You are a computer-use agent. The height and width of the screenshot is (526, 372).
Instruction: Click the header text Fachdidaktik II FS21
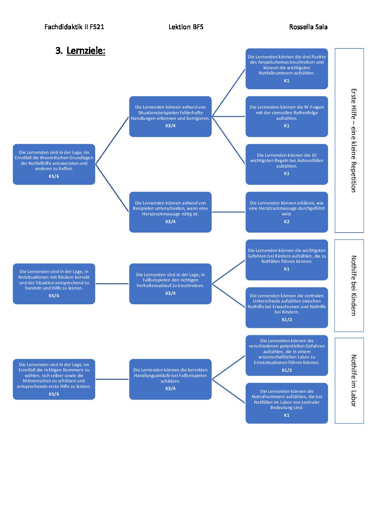[x=74, y=27]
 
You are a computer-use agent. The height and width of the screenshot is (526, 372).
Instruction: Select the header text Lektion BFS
[x=186, y=27]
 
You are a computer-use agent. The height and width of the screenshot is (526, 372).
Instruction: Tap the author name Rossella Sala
[x=308, y=27]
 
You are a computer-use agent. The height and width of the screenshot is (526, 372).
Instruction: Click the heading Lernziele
[x=86, y=51]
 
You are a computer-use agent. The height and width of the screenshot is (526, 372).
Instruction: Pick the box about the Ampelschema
[x=287, y=69]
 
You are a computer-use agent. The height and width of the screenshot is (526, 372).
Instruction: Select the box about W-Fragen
[x=287, y=116]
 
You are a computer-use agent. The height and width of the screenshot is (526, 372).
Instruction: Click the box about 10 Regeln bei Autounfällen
[x=287, y=164]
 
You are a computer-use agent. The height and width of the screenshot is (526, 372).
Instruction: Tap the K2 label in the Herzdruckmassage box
[x=287, y=221]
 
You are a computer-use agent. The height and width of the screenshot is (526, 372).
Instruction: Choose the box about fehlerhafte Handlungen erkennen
[x=170, y=116]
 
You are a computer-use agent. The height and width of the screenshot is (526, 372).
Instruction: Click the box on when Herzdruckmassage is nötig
[x=170, y=212]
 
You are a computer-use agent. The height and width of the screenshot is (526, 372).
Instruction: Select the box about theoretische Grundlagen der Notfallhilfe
[x=54, y=164]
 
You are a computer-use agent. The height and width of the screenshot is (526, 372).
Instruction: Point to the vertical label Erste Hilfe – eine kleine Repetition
[x=354, y=141]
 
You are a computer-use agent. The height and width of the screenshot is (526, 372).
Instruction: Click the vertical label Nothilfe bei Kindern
[x=354, y=286]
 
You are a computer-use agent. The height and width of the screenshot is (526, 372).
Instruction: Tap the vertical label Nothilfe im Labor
[x=354, y=381]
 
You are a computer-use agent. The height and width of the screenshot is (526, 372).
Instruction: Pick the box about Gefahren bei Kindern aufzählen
[x=287, y=260]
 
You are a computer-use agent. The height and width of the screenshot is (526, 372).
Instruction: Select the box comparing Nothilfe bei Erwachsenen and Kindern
[x=287, y=307]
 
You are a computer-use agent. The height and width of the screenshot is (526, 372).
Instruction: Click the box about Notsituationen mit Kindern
[x=54, y=284]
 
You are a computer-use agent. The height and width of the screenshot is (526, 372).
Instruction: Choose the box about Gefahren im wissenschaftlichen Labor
[x=287, y=356]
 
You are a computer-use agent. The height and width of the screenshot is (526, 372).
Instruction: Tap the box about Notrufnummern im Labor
[x=287, y=403]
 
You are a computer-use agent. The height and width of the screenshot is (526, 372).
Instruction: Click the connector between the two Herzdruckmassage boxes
[x=229, y=212]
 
